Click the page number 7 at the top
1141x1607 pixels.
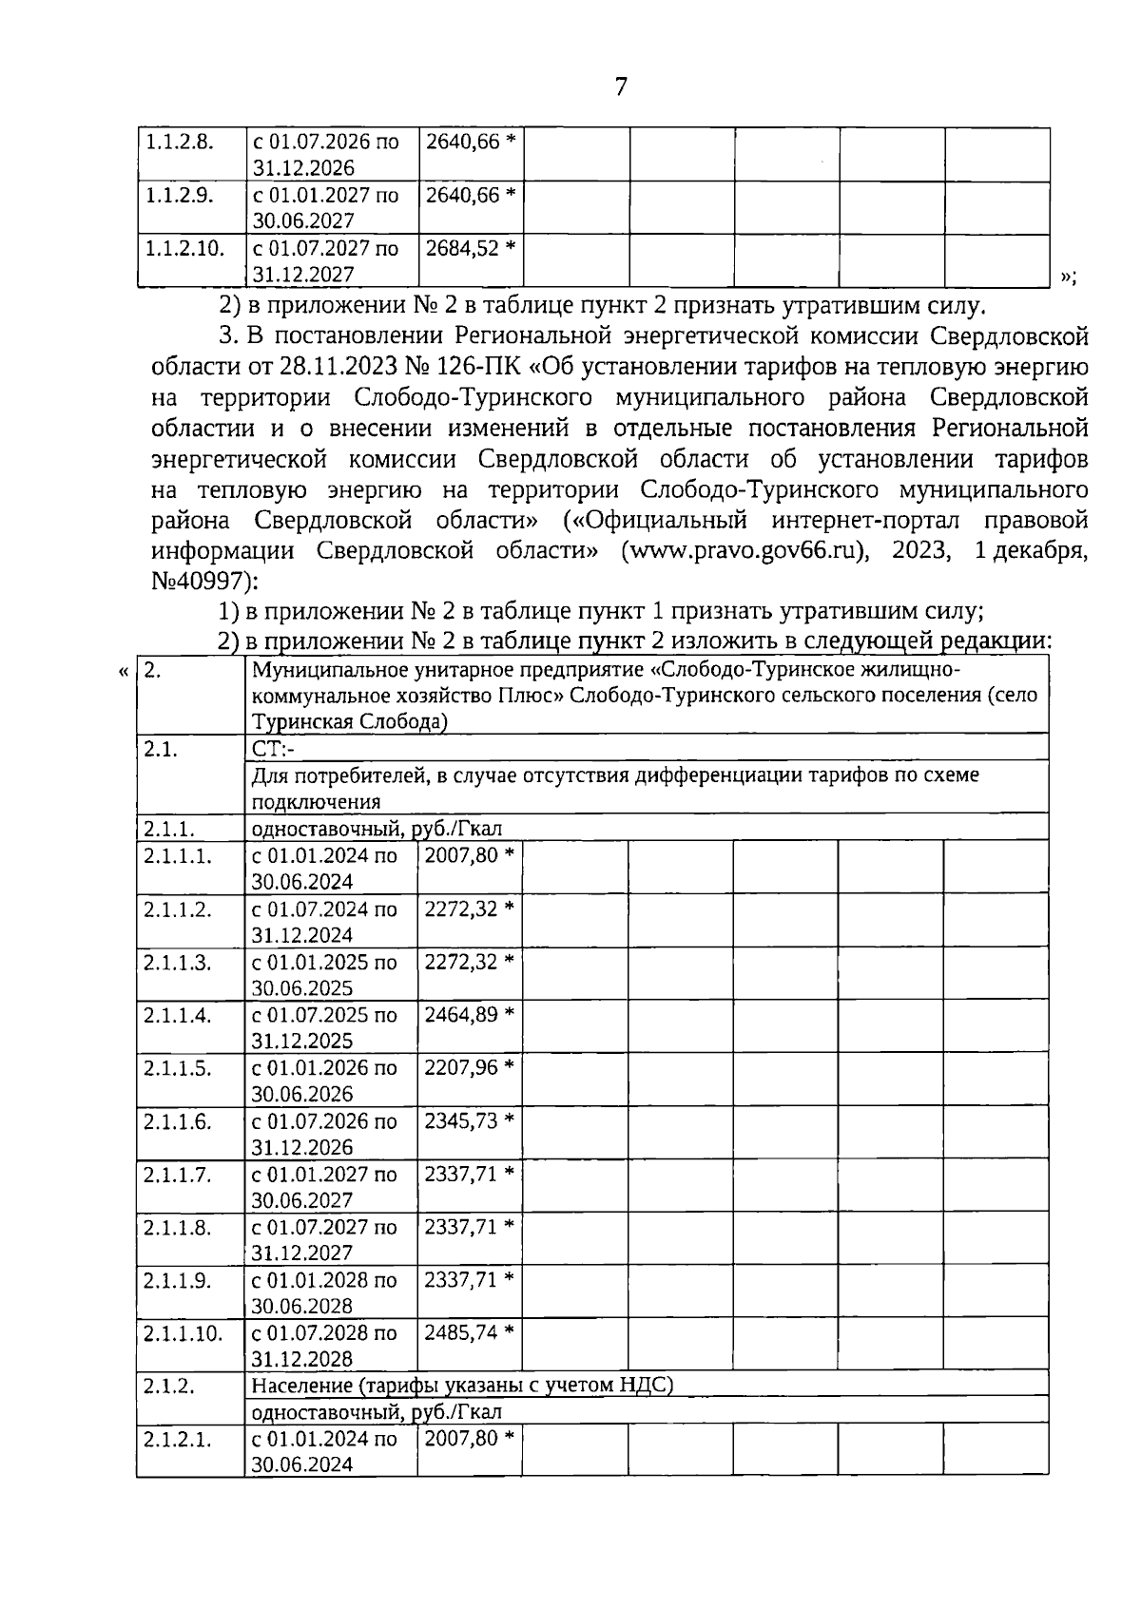pos(621,87)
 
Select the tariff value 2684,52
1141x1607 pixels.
pos(462,249)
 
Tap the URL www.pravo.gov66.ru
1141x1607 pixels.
pos(743,552)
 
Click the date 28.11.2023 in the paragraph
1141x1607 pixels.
pos(344,367)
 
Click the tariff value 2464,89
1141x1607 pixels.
pos(461,1015)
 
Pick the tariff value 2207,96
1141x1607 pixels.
pos(461,1068)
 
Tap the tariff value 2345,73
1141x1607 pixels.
pos(461,1121)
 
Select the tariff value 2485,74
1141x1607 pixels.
pos(461,1333)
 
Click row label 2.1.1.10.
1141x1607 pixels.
pos(183,1333)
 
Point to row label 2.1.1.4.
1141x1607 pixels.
pos(177,1015)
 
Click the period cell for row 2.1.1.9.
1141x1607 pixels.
pos(324,1292)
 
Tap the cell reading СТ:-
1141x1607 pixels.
pos(274,749)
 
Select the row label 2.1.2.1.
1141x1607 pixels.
pos(177,1440)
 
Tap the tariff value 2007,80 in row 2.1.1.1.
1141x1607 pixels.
pos(461,855)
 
